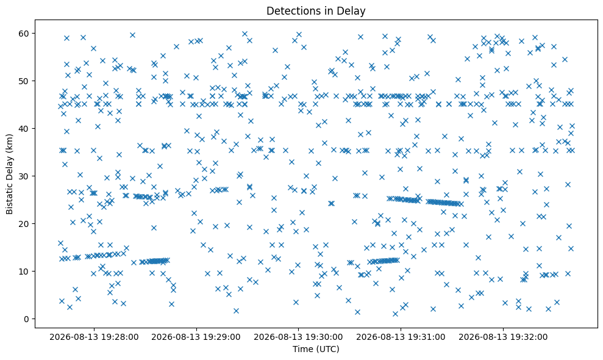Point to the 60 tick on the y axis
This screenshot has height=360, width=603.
[x=24, y=34]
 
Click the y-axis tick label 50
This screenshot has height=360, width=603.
[x=24, y=81]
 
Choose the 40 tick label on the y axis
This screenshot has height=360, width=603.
[x=24, y=129]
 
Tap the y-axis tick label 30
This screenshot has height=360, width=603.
[x=24, y=176]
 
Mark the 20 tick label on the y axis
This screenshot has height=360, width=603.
[x=24, y=224]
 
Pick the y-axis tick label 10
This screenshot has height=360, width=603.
[x=24, y=272]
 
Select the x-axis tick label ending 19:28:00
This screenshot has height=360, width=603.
[x=94, y=337]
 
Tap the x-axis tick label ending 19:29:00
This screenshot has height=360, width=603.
[x=196, y=337]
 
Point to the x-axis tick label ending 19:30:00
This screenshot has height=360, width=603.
[x=298, y=337]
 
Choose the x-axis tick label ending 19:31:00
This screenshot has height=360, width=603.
[x=401, y=337]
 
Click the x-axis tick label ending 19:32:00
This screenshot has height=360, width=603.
[x=503, y=337]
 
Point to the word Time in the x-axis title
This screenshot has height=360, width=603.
[x=300, y=349]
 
